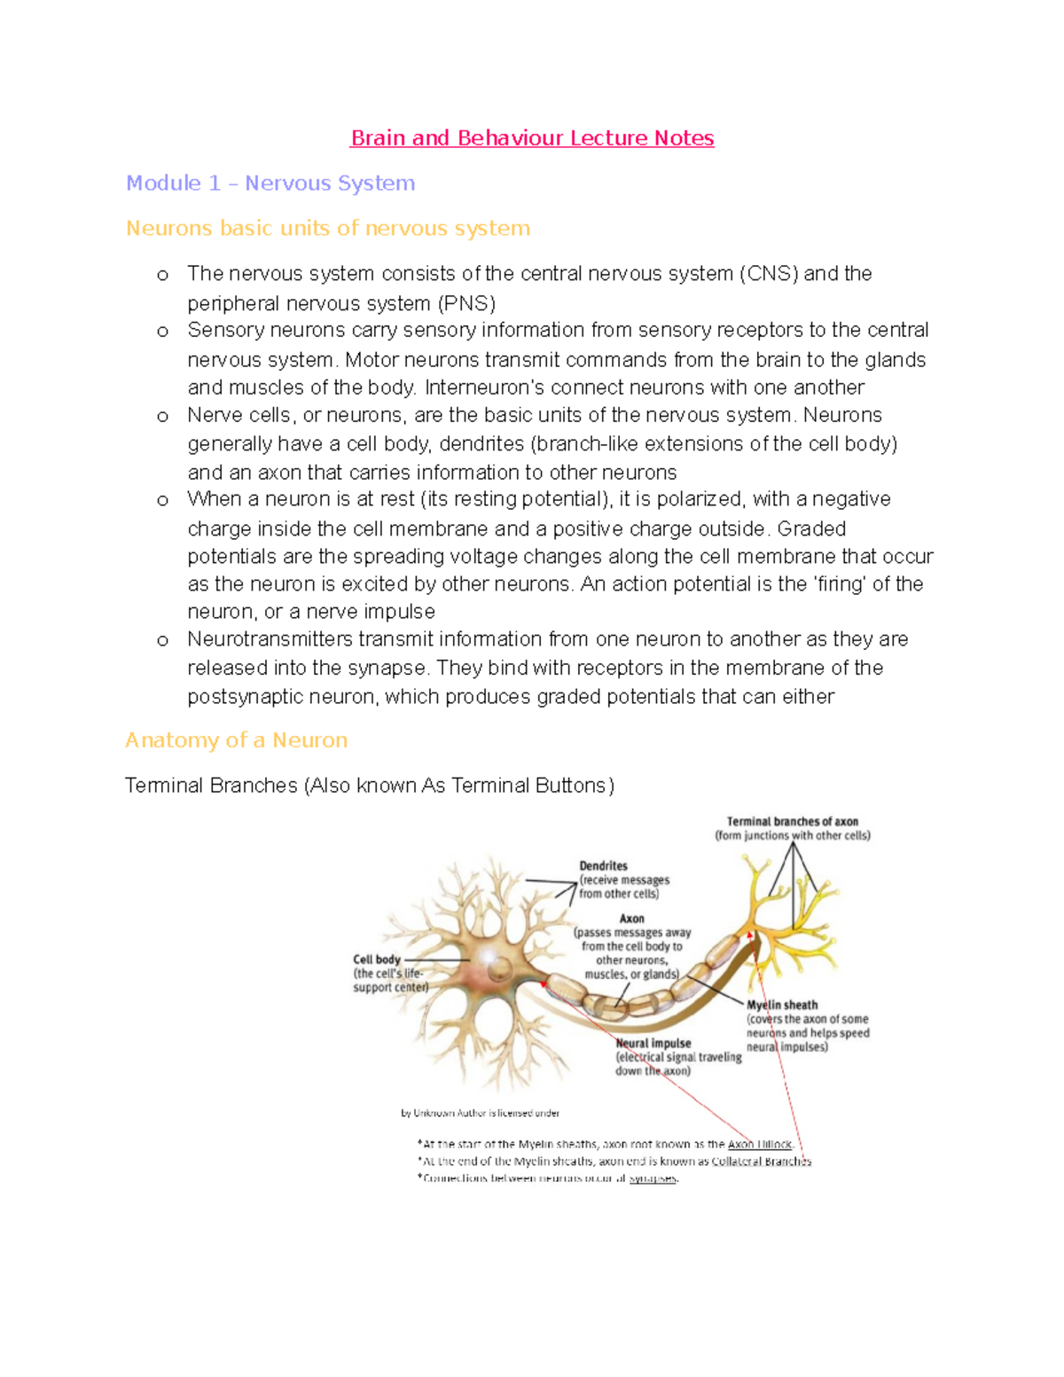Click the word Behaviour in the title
coord(510,138)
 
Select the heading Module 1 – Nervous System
coord(270,184)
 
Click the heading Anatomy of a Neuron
coord(236,740)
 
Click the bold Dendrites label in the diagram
coord(603,865)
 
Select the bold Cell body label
coord(377,959)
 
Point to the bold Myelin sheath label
coord(781,1005)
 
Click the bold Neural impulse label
coord(653,1044)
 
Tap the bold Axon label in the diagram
coord(632,919)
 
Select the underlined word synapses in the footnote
coord(653,1178)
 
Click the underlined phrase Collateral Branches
coord(761,1162)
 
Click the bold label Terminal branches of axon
coord(792,822)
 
